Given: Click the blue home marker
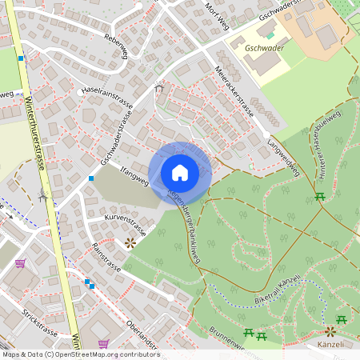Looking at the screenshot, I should click(180, 172).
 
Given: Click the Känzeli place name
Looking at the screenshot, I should click(330, 345).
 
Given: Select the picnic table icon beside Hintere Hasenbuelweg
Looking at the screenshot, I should click(320, 196).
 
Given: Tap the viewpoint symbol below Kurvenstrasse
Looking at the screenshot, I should click(130, 242).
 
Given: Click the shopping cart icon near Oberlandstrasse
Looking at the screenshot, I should click(103, 343).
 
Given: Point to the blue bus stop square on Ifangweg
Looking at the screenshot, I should click(91, 178).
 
